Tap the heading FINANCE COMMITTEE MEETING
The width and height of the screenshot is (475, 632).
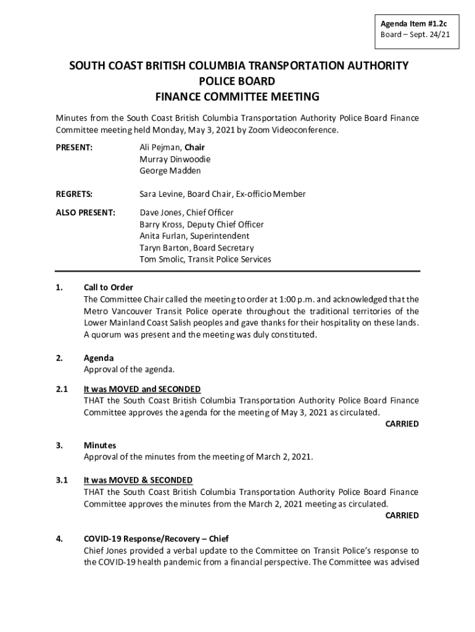pos(237,96)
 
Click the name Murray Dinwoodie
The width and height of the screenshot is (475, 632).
pos(174,159)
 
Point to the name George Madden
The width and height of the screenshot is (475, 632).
pos(170,171)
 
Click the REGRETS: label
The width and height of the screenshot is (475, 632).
pos(74,194)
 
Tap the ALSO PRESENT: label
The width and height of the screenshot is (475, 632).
pos(85,213)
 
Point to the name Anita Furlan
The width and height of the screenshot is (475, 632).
pos(163,236)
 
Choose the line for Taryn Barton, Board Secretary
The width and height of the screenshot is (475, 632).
pos(196,248)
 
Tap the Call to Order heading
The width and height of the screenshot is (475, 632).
pos(108,288)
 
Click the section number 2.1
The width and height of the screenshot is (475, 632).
pos(61,389)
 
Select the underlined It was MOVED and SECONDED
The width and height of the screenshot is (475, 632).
pos(142,389)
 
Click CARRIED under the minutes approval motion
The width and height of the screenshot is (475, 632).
pos(402,515)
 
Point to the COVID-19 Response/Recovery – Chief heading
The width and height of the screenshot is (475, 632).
pos(156,539)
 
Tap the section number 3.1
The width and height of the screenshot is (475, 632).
pos(61,480)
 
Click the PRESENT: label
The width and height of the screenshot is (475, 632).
pos(74,148)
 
